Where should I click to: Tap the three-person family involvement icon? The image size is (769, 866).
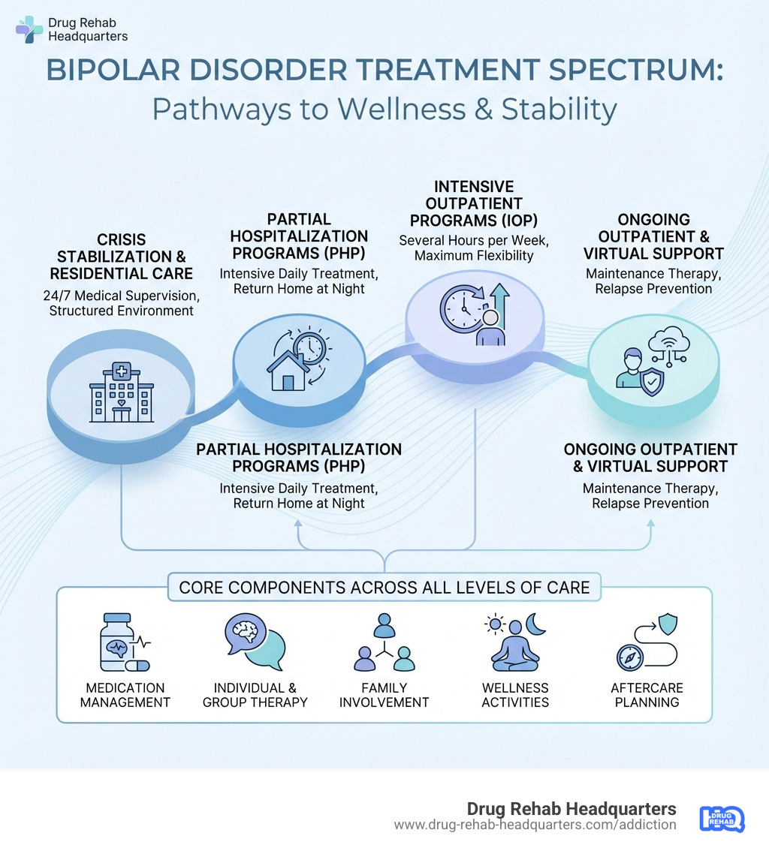[x=384, y=644]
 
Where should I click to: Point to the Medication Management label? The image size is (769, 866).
[x=125, y=695]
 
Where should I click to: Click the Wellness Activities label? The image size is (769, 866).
[x=515, y=695]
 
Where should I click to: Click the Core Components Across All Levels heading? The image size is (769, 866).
[x=384, y=587]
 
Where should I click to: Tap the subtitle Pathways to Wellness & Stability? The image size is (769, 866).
[x=384, y=110]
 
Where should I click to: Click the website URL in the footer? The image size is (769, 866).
[x=535, y=825]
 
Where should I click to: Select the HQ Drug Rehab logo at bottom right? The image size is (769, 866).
[x=721, y=818]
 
